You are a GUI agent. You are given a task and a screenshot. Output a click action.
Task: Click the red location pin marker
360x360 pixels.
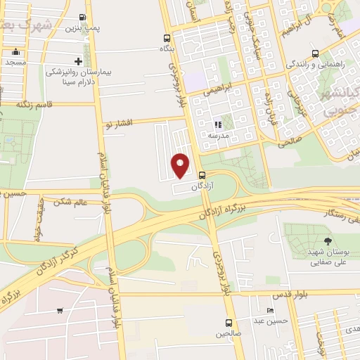point(181,165)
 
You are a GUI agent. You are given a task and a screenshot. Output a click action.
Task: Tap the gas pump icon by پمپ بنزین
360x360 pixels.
point(83,17)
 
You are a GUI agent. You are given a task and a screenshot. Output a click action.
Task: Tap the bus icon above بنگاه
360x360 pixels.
point(166,39)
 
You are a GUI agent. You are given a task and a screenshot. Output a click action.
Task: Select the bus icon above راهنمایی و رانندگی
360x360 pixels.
point(314,53)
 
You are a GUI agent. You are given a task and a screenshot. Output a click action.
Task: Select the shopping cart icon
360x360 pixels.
point(60,310)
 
